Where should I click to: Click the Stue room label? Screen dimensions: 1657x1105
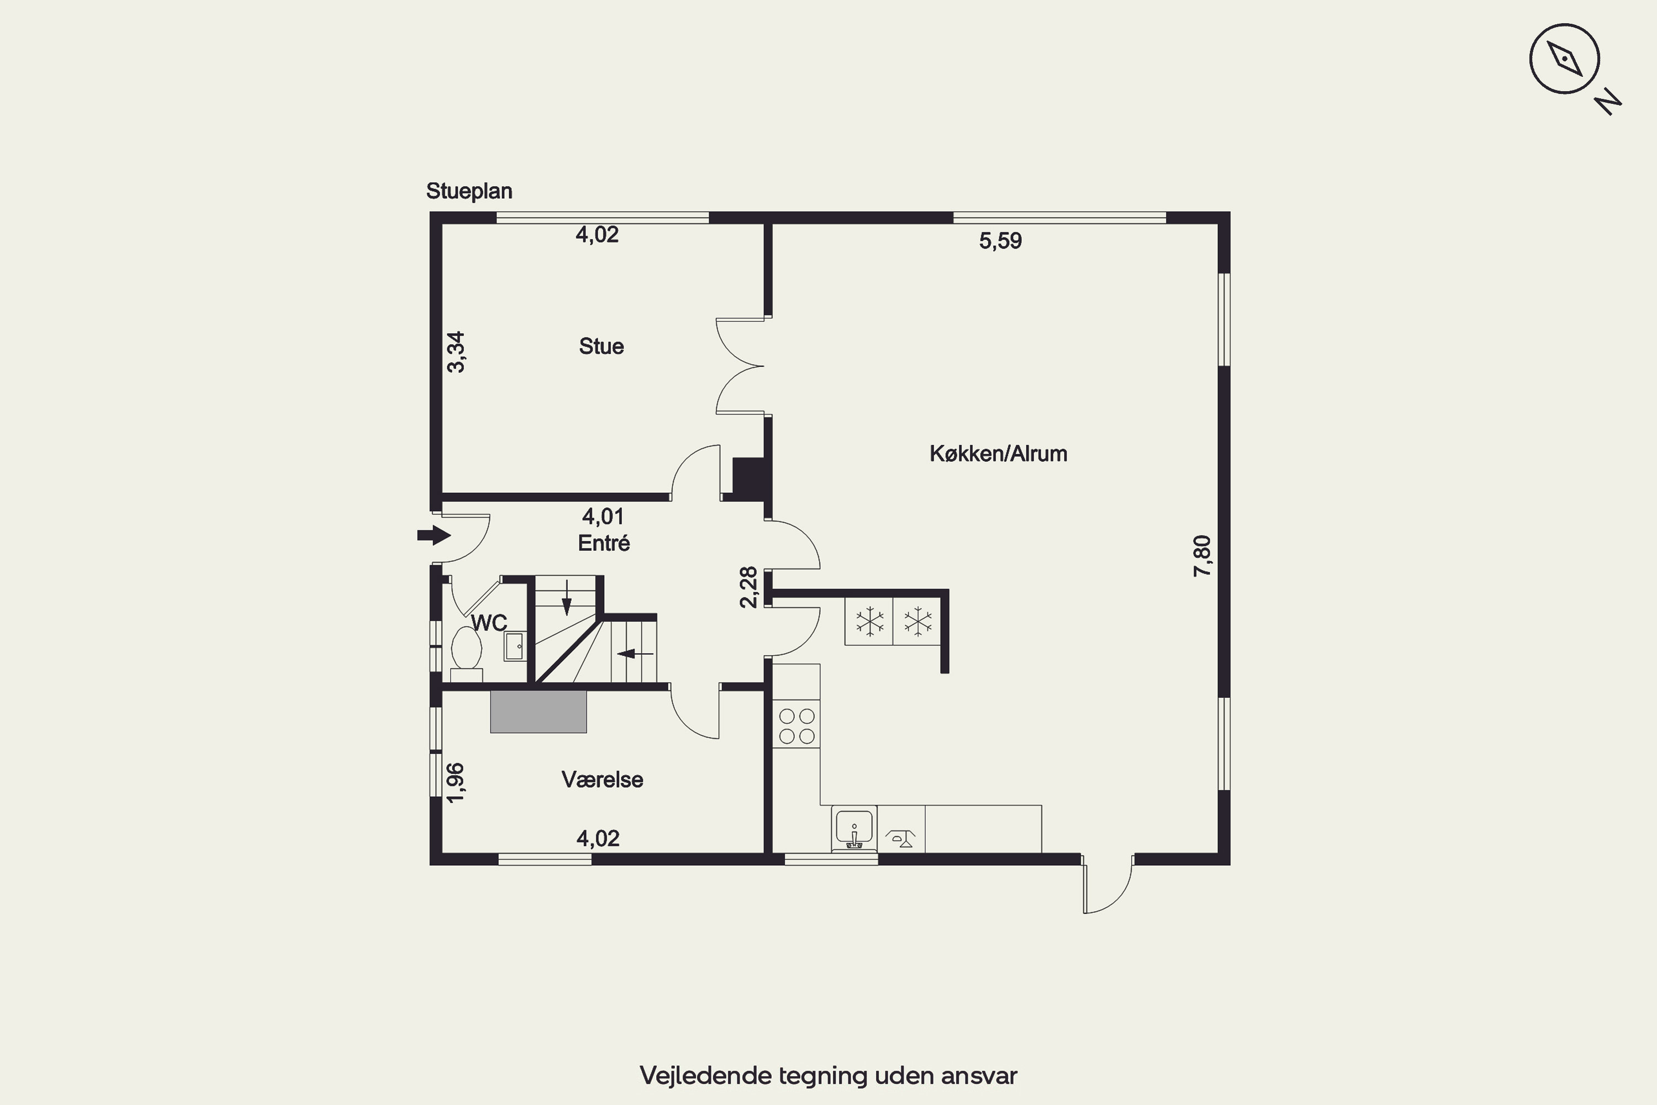[601, 346]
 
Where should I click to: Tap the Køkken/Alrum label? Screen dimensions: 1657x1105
[998, 453]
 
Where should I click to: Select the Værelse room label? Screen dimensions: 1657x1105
[603, 780]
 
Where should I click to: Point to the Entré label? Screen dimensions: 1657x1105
[604, 543]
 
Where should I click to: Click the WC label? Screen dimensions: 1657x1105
[489, 623]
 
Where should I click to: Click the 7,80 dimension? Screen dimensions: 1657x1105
[1202, 556]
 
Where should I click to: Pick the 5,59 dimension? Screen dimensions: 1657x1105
[1000, 241]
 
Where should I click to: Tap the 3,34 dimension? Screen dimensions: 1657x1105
[456, 351]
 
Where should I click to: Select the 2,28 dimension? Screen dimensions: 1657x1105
[749, 587]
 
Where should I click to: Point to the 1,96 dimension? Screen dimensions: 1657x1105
[456, 783]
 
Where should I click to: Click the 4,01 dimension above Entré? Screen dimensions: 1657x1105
[603, 517]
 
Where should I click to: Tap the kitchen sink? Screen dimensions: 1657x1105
[854, 829]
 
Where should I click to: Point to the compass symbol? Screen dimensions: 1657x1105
[1565, 59]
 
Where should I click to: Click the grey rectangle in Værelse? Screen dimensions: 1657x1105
[538, 712]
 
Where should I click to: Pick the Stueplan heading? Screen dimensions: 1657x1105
[469, 191]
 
